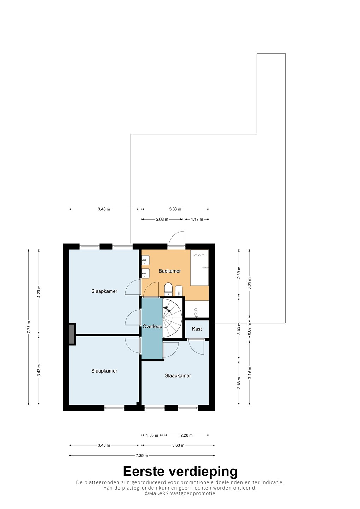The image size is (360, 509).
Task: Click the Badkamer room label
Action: (169, 271)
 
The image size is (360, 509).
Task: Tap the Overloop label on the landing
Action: (152, 327)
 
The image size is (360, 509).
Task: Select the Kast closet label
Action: (197, 329)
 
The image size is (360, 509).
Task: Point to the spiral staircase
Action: (172, 318)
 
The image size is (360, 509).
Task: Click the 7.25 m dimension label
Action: (142, 455)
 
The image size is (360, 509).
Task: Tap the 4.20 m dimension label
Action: (39, 292)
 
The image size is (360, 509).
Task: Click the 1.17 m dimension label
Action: (197, 219)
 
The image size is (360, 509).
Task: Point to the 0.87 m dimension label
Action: (249, 329)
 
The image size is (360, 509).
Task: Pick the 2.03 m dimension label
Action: (162, 219)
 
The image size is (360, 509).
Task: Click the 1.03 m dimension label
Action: (152, 435)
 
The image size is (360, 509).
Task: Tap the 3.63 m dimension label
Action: (178, 445)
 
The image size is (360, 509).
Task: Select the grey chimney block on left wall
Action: (72, 334)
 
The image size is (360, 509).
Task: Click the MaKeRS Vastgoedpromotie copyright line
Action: (180, 493)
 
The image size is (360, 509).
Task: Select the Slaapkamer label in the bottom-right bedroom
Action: (178, 376)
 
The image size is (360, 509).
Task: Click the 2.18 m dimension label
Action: (239, 383)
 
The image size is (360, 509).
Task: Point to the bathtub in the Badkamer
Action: (199, 268)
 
